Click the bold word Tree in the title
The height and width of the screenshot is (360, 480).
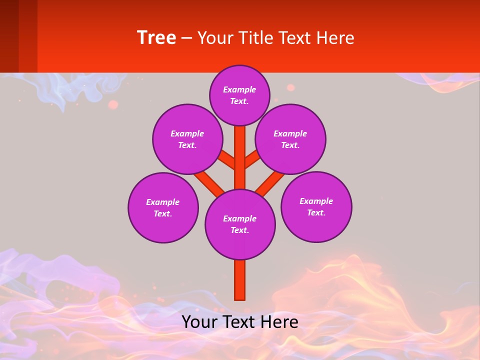tap(156, 38)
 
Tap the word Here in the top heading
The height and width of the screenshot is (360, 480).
tap(335, 38)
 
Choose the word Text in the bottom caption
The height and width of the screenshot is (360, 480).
tap(239, 322)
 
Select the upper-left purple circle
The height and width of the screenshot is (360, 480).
tap(187, 139)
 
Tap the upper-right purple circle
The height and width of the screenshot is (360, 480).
tap(290, 139)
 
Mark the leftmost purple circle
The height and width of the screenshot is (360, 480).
tap(163, 207)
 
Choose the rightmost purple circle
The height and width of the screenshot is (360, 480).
tap(316, 206)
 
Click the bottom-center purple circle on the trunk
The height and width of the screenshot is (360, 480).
tap(240, 224)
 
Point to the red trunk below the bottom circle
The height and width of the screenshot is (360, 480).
tap(240, 280)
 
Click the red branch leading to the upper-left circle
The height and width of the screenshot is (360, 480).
tap(227, 160)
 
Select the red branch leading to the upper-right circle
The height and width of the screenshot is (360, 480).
tap(252, 159)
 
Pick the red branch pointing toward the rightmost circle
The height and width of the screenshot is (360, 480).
tap(270, 182)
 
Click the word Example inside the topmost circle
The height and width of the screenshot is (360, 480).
tap(239, 89)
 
